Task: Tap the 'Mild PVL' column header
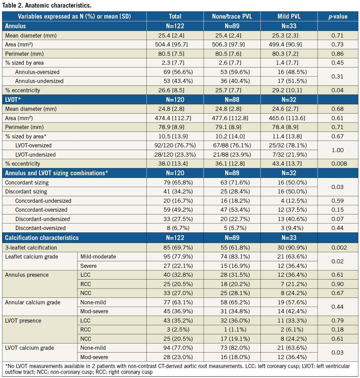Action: pos(289,16)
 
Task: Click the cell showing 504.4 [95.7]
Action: pos(175,44)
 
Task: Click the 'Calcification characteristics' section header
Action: pos(42,238)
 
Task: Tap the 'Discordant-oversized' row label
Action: pos(40,228)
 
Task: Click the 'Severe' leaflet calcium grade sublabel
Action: pos(89,265)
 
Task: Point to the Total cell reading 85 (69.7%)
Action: pos(175,248)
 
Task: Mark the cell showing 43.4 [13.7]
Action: pos(289,164)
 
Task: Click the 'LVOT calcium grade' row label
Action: pos(30,348)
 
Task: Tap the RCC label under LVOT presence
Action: pos(86,329)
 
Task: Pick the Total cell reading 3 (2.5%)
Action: pos(175,329)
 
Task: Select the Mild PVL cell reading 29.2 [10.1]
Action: pos(289,90)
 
